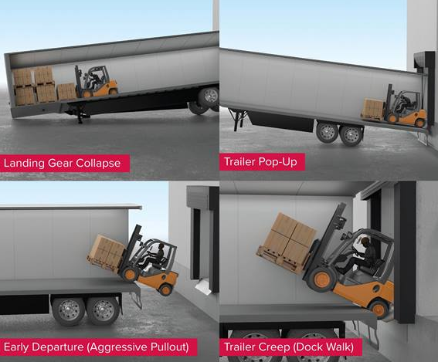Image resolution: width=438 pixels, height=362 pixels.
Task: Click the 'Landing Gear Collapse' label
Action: coord(62,163)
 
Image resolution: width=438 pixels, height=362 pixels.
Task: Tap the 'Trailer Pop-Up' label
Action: coord(260,162)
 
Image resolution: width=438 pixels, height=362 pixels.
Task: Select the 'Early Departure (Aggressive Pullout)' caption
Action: coord(97,347)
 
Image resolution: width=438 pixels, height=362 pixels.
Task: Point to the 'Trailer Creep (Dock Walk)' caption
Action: coord(289,347)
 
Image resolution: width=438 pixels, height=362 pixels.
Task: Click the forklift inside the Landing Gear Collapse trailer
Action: coord(96,81)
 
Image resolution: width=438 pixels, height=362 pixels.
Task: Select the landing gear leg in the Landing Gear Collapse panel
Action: coord(80,117)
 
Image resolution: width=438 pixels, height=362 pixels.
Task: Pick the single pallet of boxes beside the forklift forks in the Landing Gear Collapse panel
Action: coord(66,92)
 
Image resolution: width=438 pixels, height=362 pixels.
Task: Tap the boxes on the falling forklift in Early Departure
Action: coord(107,250)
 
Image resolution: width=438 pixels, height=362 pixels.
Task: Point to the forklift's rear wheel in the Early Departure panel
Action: coord(165,289)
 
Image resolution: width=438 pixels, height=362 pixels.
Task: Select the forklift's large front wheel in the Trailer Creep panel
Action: coord(322,279)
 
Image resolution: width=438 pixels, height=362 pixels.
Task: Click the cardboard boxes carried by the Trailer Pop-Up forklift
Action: coord(372,107)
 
